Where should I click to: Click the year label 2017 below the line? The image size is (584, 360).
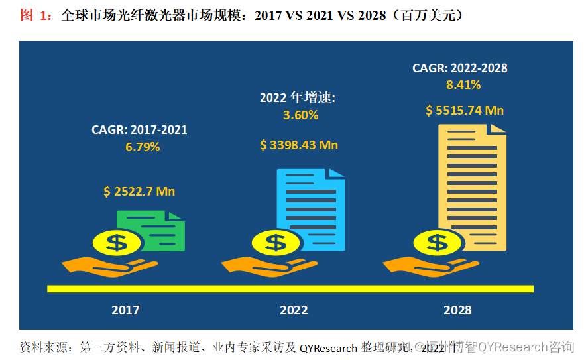(125, 310)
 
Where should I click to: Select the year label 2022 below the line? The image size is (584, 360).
(294, 310)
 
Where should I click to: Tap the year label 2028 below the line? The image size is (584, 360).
(457, 310)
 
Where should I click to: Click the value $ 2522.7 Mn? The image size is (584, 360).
(139, 192)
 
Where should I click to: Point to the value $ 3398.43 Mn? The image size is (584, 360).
(299, 145)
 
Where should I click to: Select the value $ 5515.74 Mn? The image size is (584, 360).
(465, 111)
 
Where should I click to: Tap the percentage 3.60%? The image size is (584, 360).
(300, 115)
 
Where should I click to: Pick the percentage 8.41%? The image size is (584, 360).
(463, 84)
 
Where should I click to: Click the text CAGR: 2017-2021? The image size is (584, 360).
(139, 130)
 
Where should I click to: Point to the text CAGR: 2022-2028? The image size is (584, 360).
(460, 68)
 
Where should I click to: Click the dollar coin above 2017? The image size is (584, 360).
(117, 243)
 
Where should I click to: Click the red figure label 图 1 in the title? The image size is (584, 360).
(36, 15)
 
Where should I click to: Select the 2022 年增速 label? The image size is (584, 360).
(298, 98)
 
